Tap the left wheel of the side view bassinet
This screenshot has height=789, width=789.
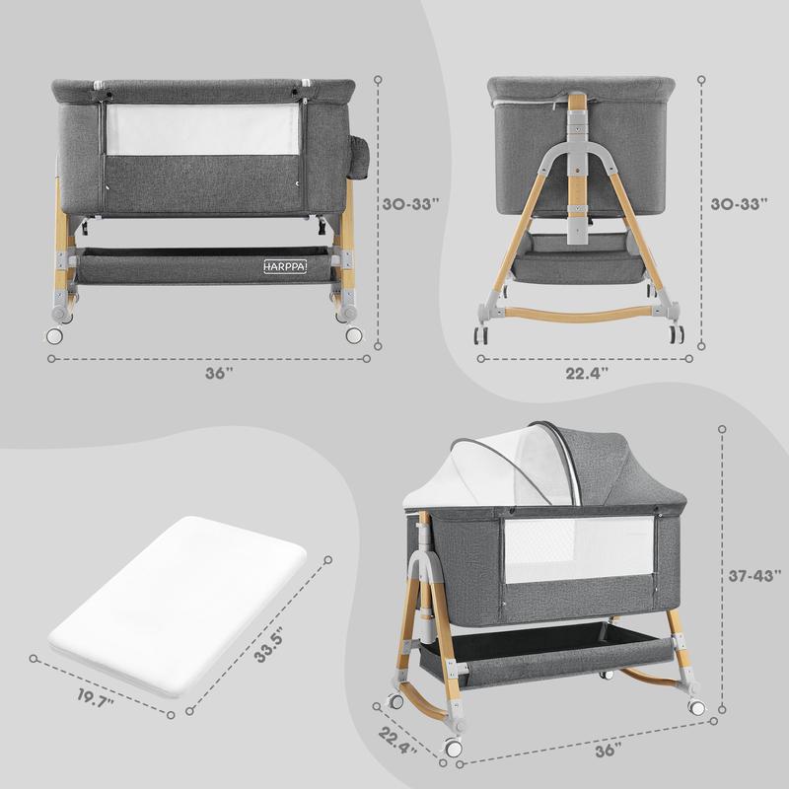[481, 333]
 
